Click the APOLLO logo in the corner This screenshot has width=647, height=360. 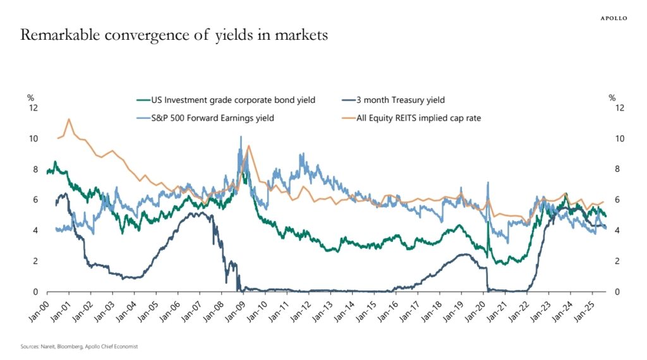613,18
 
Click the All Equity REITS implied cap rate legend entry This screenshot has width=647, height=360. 418,117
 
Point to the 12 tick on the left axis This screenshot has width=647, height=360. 34,108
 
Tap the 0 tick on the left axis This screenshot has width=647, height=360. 36,292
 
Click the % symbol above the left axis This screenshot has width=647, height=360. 30,97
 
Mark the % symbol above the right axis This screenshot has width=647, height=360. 612,97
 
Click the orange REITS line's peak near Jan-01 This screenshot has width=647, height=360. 69,119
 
